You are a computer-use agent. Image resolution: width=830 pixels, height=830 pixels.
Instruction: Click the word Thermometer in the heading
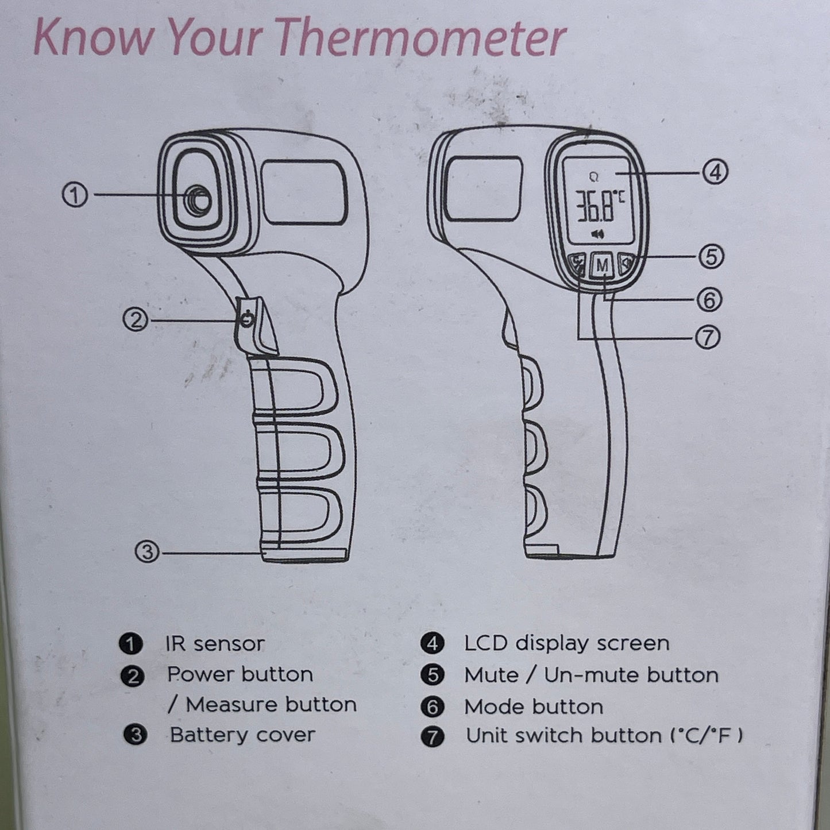tap(423, 38)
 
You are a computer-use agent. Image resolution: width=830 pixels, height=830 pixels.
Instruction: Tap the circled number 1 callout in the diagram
tap(75, 196)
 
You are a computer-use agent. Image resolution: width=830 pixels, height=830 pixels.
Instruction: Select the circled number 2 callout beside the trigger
tap(136, 319)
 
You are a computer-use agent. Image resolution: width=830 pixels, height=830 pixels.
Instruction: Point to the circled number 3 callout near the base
tap(147, 552)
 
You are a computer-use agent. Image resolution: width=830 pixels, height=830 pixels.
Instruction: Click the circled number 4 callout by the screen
tap(715, 172)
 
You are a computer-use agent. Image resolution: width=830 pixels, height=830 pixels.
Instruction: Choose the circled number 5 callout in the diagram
tap(711, 256)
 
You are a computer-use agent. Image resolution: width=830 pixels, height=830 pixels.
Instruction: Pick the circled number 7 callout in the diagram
tap(707, 338)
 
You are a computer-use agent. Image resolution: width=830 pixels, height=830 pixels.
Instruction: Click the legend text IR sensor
tap(215, 644)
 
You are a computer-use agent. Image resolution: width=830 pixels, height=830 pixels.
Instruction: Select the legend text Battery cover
tap(242, 735)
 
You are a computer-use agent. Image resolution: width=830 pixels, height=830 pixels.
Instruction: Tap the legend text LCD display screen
tap(566, 643)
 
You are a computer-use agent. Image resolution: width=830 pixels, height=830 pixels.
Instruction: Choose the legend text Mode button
tap(534, 707)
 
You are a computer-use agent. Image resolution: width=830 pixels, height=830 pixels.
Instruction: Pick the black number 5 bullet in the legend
tap(433, 675)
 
